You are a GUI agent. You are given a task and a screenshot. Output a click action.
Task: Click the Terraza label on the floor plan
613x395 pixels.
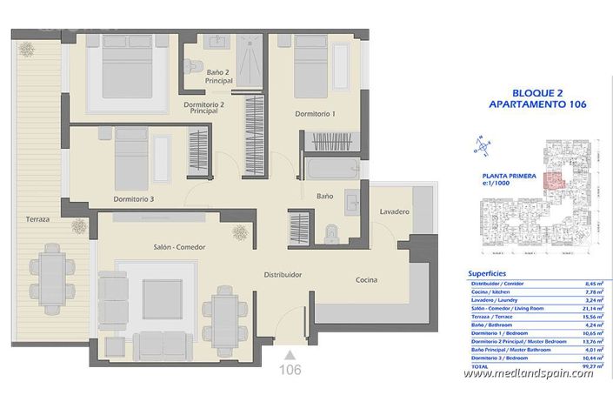[37, 219]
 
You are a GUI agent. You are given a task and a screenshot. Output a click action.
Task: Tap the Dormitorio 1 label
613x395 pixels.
[315, 114]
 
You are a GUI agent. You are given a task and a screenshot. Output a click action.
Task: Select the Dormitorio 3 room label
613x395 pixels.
[134, 199]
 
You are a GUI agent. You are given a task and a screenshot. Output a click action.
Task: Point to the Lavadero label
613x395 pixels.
[394, 212]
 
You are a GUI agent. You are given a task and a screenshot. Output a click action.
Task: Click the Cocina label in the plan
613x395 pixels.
[366, 279]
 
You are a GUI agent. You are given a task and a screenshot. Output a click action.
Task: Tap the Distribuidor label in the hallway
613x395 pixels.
[283, 274]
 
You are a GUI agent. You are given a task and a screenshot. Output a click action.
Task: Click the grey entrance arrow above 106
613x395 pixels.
[290, 353]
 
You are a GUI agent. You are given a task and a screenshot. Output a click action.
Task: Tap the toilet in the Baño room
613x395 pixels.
[330, 231]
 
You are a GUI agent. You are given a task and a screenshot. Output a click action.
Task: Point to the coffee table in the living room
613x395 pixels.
[161, 298]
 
